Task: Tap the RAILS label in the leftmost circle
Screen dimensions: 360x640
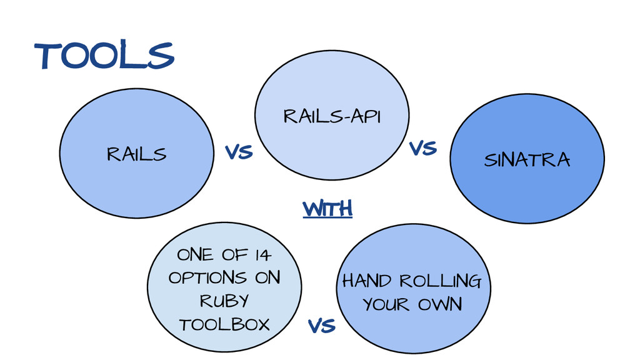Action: [137, 154]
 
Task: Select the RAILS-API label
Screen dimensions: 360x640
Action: [332, 116]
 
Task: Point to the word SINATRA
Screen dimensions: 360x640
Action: [527, 160]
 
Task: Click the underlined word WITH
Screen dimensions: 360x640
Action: [327, 209]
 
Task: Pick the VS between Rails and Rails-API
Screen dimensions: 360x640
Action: [238, 152]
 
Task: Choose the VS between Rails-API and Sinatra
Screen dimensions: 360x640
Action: [422, 149]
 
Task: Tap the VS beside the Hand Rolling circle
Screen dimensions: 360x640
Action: [322, 326]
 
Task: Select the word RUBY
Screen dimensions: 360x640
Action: [224, 301]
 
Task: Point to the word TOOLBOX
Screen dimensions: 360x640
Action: [224, 324]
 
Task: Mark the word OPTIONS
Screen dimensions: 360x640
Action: [207, 277]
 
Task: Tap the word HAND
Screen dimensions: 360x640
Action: [366, 281]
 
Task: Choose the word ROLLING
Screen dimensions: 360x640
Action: [441, 281]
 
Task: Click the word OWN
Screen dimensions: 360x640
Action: [441, 304]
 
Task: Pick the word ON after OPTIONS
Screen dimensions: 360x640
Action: [267, 277]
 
